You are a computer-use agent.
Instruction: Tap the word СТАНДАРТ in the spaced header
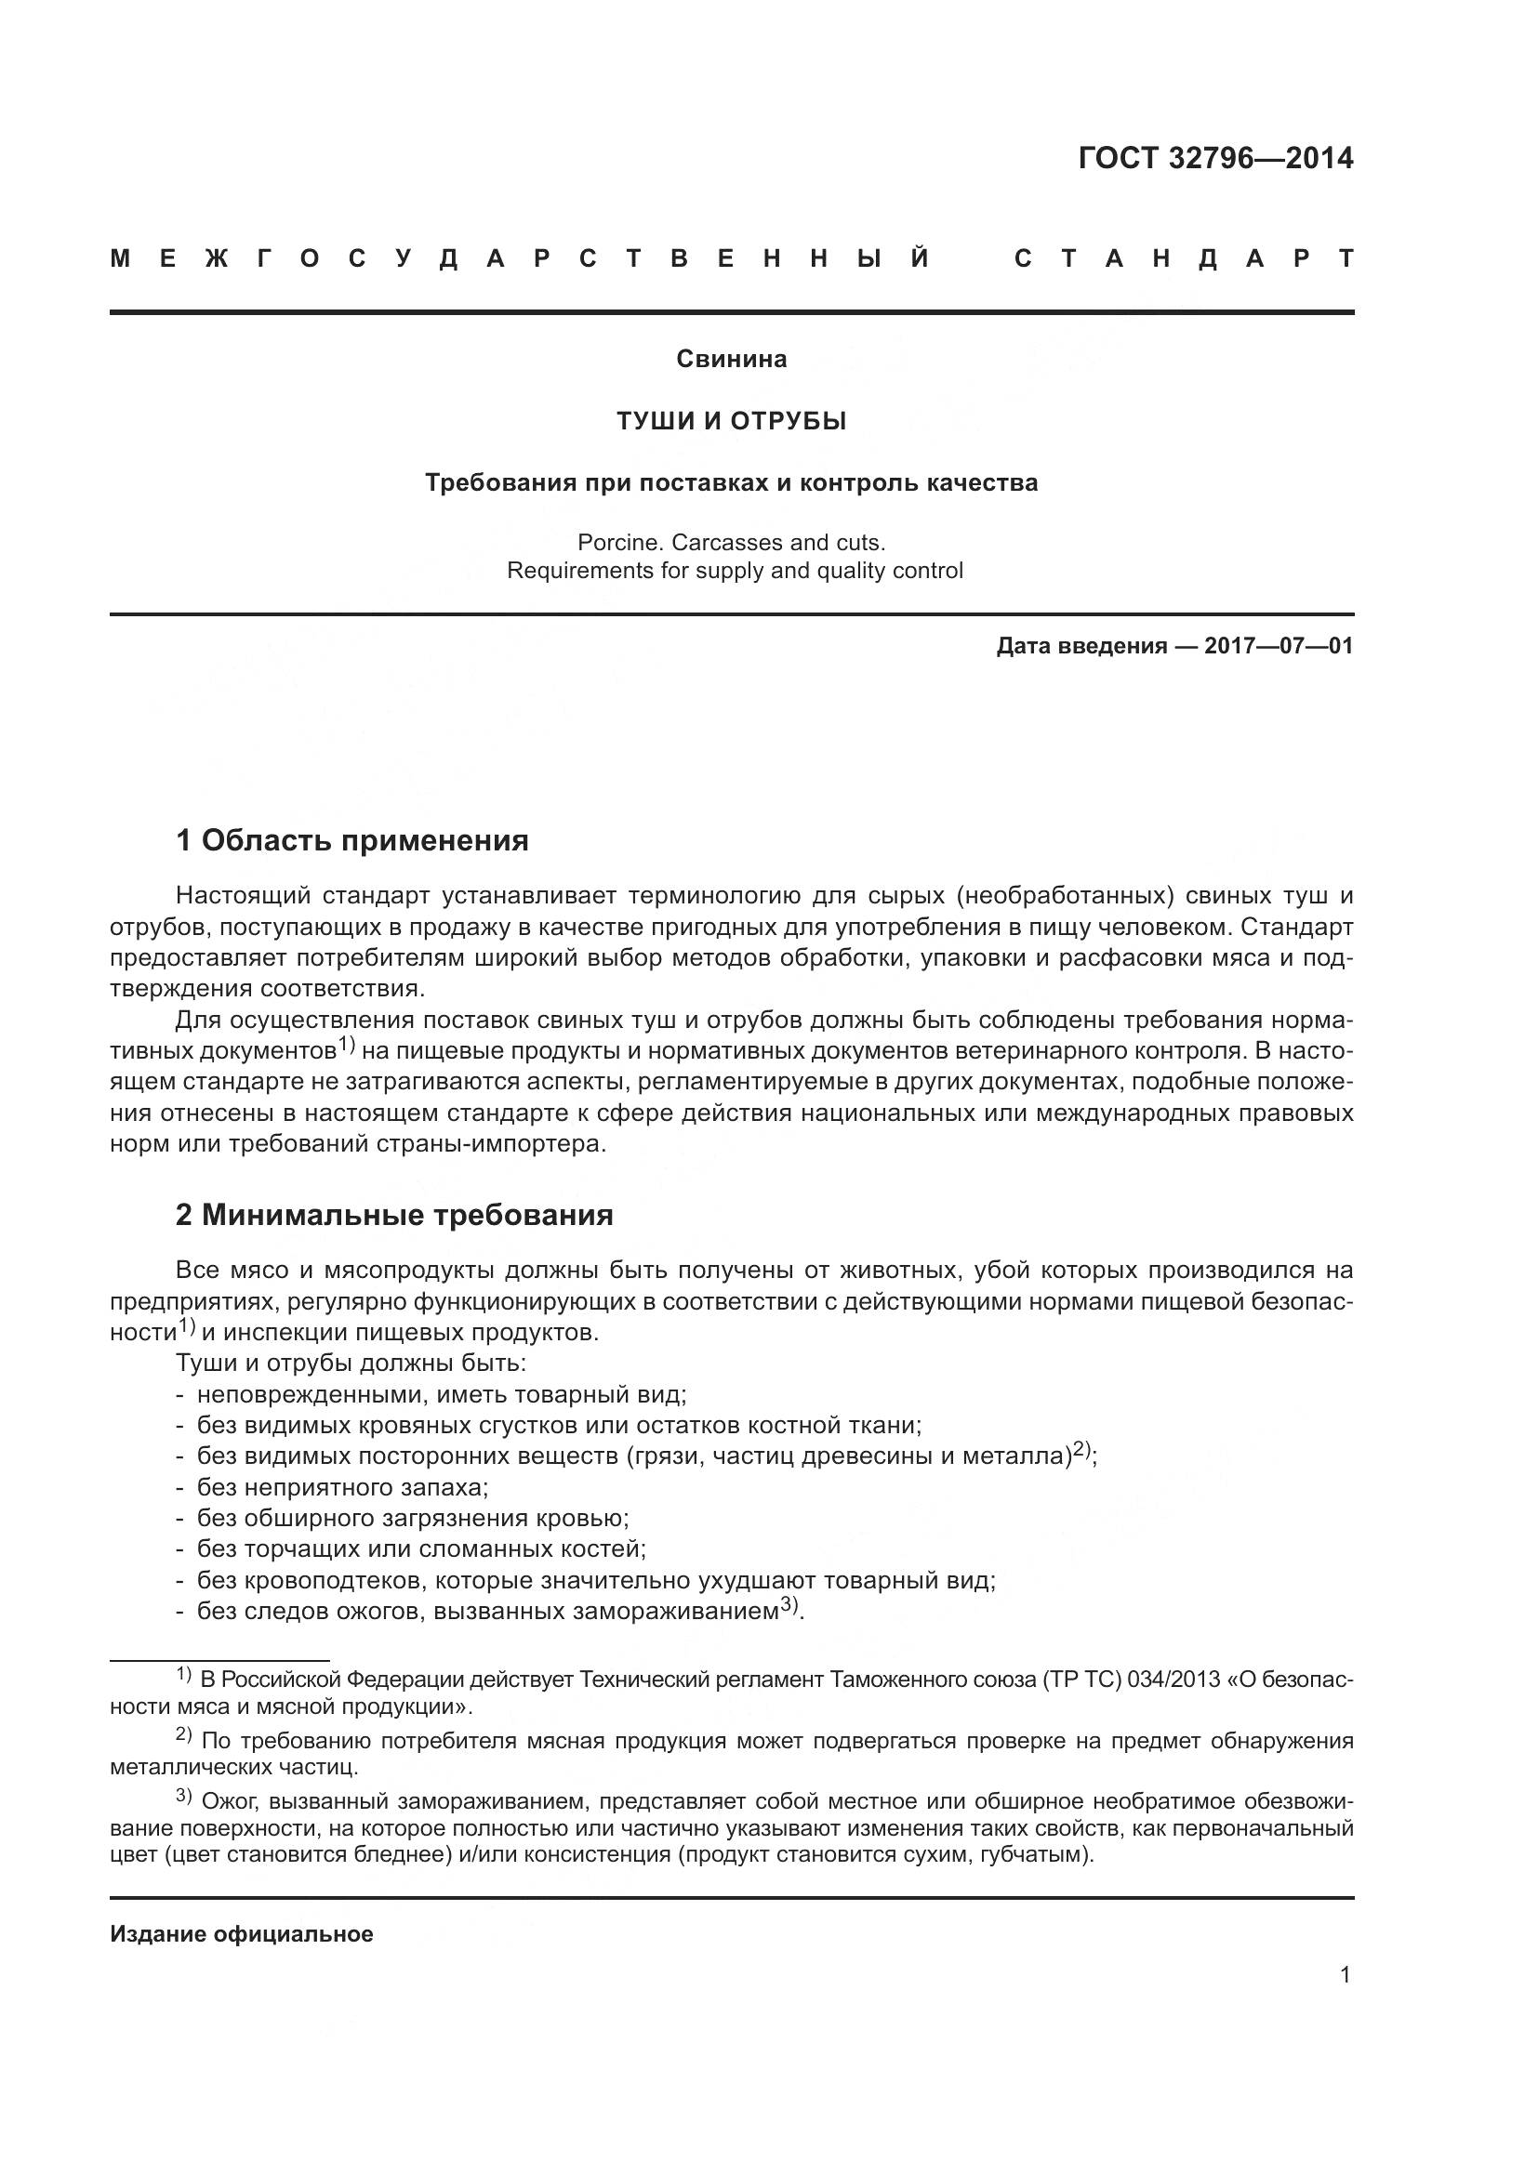(x=1183, y=258)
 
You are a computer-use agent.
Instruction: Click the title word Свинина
(x=731, y=359)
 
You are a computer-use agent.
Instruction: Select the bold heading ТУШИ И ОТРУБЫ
(x=731, y=420)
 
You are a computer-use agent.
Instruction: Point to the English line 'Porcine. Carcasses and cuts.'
(x=731, y=543)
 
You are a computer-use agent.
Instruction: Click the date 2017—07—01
(x=1279, y=646)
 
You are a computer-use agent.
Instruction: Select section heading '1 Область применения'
(x=351, y=840)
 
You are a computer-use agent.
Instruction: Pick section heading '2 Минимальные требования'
(x=394, y=1215)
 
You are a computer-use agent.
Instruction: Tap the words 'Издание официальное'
(x=242, y=1934)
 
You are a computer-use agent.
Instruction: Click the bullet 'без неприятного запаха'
(x=341, y=1486)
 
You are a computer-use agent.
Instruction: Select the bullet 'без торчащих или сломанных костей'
(x=420, y=1549)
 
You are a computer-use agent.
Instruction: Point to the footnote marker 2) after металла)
(x=1082, y=1450)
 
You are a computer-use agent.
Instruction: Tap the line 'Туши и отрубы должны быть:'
(x=351, y=1364)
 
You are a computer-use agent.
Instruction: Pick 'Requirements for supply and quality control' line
(x=734, y=571)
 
